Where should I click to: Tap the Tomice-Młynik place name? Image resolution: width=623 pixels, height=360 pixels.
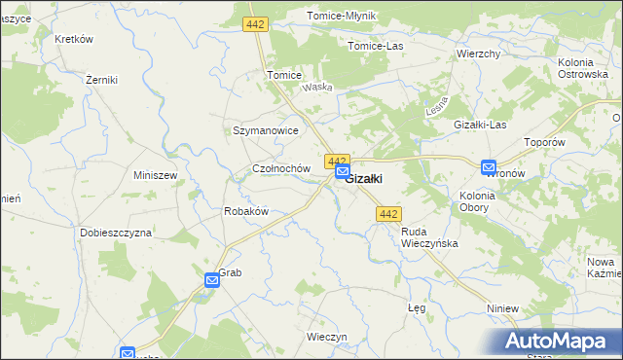[x=341, y=17]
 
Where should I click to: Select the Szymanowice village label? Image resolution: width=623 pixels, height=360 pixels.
[x=265, y=129]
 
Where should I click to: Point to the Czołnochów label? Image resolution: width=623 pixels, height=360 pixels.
[x=281, y=168]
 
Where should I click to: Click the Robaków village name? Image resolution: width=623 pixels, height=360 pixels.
[x=245, y=211]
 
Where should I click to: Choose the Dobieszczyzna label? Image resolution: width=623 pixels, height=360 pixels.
[x=116, y=234]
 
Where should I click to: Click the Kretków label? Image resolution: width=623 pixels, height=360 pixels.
[x=74, y=39]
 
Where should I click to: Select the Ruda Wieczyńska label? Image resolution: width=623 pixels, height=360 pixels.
[x=429, y=237]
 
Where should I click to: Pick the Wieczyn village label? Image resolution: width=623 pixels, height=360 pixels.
[x=326, y=337]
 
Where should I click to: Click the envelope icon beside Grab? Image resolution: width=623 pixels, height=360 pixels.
[x=212, y=280]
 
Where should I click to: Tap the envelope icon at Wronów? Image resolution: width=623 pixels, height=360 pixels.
[x=489, y=167]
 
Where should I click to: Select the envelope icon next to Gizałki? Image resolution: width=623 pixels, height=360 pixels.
[x=342, y=172]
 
